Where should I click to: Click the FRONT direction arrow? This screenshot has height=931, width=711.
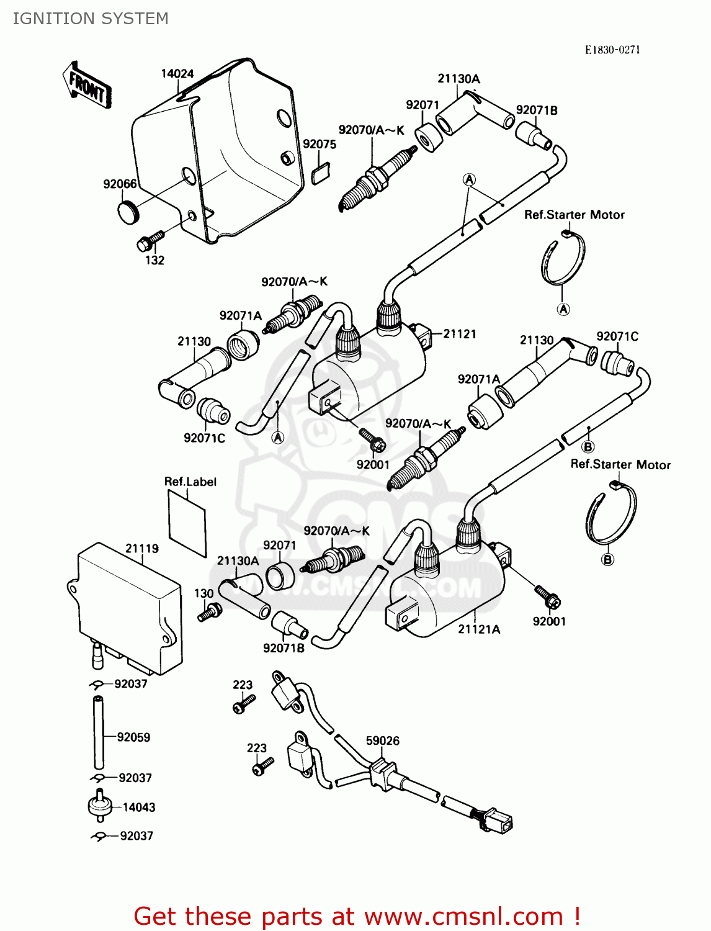point(87,86)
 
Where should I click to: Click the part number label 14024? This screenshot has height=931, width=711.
point(177,74)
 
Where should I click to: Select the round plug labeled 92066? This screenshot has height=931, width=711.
point(128,211)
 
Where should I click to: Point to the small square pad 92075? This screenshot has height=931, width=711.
point(320,173)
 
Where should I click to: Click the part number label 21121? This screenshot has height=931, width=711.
point(459,334)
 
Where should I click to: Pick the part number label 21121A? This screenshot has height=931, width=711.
point(478,629)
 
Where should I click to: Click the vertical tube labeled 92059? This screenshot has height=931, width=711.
point(98,733)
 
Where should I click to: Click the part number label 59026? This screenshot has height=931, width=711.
point(382,740)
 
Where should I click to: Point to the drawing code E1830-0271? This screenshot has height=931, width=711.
point(612,50)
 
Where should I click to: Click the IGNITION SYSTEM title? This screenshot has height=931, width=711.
point(91,19)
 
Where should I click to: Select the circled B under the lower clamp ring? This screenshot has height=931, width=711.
point(607,559)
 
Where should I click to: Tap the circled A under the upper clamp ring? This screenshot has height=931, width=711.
point(563,309)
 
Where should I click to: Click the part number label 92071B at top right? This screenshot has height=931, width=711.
point(537,110)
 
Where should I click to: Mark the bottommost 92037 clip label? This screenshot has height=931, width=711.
point(136,836)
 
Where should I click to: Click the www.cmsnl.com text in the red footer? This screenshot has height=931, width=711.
point(463,916)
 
